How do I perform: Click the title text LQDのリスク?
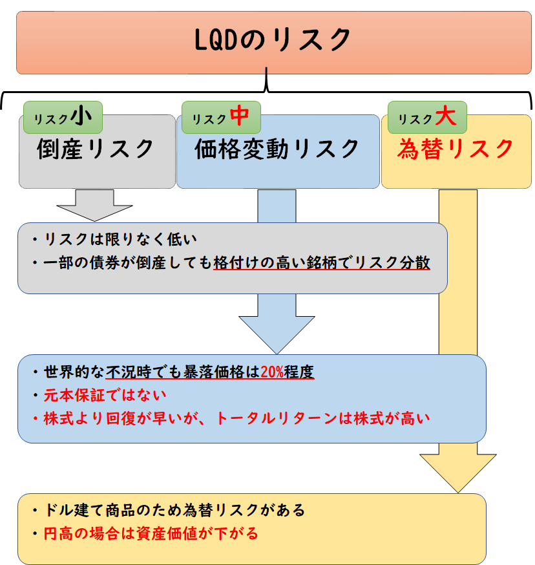(x=272, y=39)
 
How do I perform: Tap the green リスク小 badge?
(x=63, y=118)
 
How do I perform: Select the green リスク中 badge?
(x=221, y=118)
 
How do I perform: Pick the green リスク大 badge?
(x=427, y=118)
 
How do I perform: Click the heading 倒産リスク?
(x=95, y=149)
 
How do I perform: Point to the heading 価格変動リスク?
(x=277, y=149)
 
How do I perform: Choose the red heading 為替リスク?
(x=456, y=149)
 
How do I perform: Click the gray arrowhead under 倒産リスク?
(x=95, y=213)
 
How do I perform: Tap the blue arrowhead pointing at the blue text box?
(x=277, y=334)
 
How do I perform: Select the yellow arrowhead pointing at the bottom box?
(x=458, y=473)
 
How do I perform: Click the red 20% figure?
(x=272, y=372)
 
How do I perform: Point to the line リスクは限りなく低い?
(x=120, y=239)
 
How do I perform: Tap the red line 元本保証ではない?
(x=105, y=395)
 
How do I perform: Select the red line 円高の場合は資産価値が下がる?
(x=151, y=534)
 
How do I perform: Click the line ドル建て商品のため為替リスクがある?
(x=174, y=510)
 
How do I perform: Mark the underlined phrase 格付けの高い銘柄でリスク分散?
(x=322, y=262)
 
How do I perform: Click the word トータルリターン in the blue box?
(x=277, y=419)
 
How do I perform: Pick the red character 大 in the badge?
(x=446, y=116)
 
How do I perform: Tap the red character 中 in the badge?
(x=240, y=116)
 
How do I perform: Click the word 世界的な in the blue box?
(x=74, y=372)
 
